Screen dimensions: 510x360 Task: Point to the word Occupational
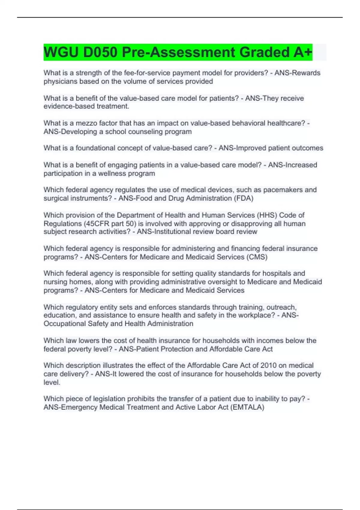coord(64,324)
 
